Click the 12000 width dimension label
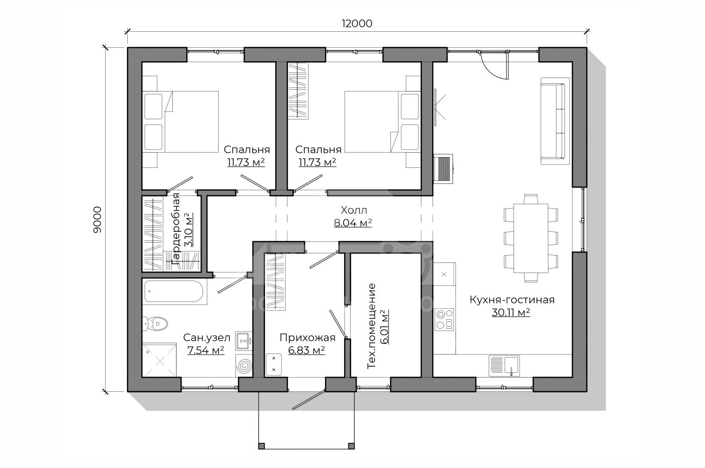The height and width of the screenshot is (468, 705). [x=357, y=23]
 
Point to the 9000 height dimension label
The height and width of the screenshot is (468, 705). [x=97, y=219]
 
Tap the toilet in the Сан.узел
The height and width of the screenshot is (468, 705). [x=155, y=323]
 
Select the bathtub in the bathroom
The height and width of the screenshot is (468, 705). [x=175, y=292]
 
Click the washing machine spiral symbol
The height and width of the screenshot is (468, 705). [x=244, y=366]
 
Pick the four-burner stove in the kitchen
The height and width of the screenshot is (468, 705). [x=444, y=319]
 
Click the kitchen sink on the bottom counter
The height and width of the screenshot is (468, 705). [x=504, y=366]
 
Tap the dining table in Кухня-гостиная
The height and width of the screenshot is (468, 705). [x=531, y=238]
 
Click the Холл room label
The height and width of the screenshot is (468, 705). [x=354, y=210]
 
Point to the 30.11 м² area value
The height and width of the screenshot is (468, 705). [x=511, y=312]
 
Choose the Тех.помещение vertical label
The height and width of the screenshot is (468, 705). [x=372, y=326]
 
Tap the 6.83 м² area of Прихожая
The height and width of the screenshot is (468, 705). [x=307, y=350]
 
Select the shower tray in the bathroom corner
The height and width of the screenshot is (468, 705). [x=159, y=360]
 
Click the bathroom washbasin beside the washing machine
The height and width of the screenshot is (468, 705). [x=243, y=341]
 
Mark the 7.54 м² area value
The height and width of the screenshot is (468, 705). [x=206, y=350]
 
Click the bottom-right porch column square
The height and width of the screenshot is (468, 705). [x=351, y=446]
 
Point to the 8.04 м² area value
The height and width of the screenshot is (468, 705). [x=353, y=223]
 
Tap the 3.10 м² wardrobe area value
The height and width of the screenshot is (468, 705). [x=189, y=230]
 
